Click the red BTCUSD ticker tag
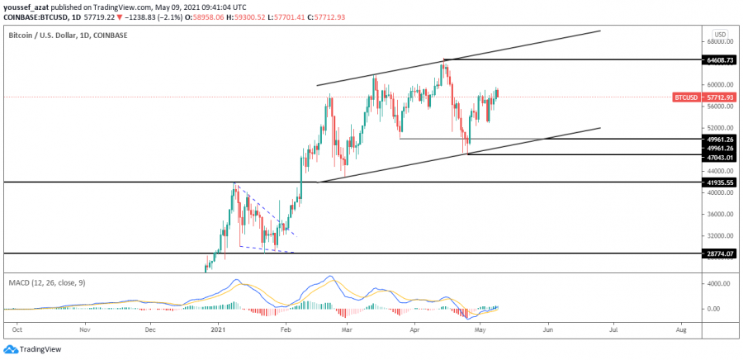tap(688, 97)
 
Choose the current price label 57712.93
tap(717, 97)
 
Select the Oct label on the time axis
tap(17, 329)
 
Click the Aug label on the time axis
tap(680, 329)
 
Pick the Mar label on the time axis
tap(348, 329)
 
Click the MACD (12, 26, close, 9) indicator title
tap(48, 282)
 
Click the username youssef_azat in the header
tap(26, 5)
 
